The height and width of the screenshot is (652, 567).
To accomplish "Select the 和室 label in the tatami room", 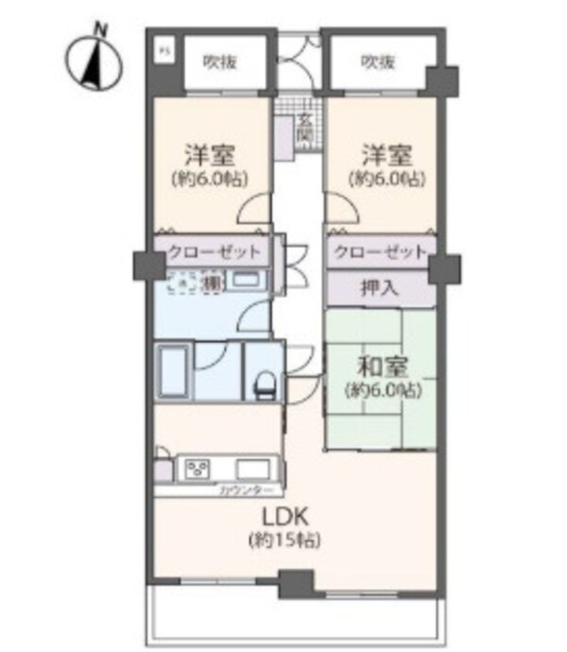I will coord(381,364).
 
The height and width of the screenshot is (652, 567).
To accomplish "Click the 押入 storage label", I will coord(381,288).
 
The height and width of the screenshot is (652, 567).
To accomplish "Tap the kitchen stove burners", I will coord(198,468).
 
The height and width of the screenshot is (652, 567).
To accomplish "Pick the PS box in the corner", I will coord(162,49).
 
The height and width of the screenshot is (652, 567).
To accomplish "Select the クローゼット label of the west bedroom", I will coord(213,252).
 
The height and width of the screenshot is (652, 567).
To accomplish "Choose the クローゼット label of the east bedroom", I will coord(378,252).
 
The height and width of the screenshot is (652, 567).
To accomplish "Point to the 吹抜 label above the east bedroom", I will coord(377,63).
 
